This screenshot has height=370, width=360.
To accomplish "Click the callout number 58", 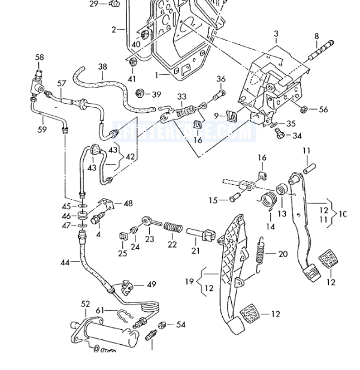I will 40,58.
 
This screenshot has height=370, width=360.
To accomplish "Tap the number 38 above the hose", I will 102,67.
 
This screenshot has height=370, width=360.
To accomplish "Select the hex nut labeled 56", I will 303,109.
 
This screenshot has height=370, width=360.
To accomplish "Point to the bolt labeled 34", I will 279,135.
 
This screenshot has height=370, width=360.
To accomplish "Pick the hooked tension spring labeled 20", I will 259,255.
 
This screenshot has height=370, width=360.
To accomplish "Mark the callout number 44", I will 65,262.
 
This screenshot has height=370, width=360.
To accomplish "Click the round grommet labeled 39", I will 141,93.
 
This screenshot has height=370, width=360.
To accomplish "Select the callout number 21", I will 196,250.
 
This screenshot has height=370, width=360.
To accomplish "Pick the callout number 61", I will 100,310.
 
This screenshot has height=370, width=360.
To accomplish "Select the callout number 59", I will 41,129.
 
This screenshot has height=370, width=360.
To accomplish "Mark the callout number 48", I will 128,203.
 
